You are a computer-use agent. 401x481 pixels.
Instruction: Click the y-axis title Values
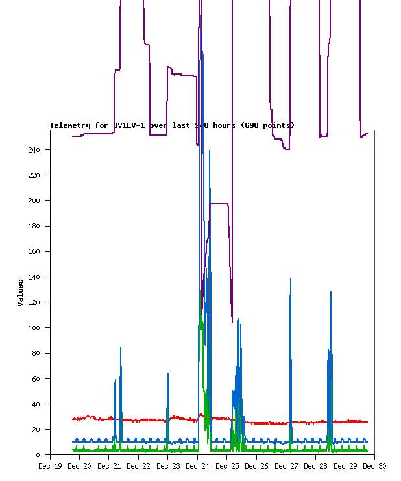pos(21,293)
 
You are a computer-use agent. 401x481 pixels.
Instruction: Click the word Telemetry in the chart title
pos(70,125)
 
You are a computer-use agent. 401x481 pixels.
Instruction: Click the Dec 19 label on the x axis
pos(51,466)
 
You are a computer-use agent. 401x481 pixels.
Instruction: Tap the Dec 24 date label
pos(197,466)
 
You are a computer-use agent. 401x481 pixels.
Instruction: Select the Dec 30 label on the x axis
pos(374,466)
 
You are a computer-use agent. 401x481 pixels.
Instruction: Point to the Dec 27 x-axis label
pos(286,466)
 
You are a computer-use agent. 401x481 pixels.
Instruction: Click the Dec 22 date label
pos(138,466)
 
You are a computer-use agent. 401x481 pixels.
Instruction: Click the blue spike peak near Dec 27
pos(291,279)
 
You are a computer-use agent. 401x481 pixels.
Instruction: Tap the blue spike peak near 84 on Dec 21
pos(121,348)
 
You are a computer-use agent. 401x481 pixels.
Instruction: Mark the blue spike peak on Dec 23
pos(167,373)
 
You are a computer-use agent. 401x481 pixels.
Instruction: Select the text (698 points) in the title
pos(267,125)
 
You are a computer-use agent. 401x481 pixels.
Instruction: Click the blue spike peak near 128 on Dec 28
pos(331,292)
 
